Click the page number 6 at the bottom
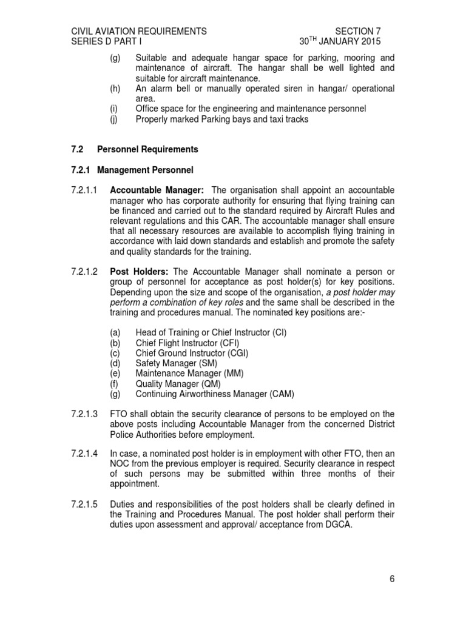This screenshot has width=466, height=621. [x=392, y=579]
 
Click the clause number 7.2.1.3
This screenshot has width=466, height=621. [x=85, y=414]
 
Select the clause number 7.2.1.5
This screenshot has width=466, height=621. [x=85, y=504]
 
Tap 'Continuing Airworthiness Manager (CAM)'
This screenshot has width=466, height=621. [x=215, y=394]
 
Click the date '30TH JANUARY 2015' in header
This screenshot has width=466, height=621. [x=340, y=42]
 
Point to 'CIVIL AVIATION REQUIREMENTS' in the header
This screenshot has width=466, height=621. [x=139, y=32]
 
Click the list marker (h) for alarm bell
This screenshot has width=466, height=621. [x=115, y=89]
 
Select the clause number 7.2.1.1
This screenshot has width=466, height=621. [x=85, y=190]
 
